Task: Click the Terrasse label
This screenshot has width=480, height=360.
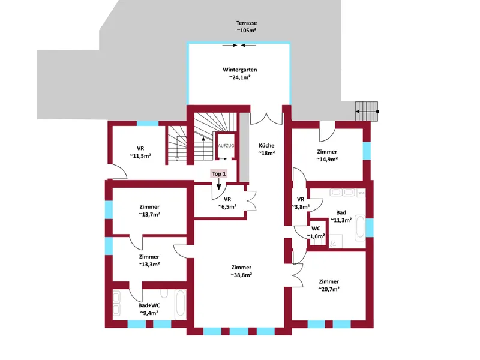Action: (247, 23)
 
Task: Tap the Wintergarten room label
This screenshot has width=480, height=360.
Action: (239, 70)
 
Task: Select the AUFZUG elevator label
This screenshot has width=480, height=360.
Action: (226, 146)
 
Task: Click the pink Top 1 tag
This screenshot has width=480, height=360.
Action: (219, 174)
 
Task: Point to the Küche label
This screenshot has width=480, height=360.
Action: (266, 145)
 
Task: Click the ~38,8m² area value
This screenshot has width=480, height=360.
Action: (241, 275)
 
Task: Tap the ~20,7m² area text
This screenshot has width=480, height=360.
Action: (329, 289)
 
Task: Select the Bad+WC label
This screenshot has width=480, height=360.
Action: (149, 305)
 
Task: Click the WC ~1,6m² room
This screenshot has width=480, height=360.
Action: (316, 232)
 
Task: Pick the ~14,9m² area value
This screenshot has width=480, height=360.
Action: (327, 159)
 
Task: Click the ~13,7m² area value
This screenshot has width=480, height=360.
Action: (149, 214)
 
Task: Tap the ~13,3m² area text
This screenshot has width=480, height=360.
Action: (149, 264)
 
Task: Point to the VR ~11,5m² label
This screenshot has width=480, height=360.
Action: (140, 152)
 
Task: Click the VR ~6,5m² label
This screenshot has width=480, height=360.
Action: (227, 203)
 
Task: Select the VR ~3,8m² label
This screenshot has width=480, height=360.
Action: (301, 203)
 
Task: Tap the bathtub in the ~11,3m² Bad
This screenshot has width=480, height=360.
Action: (360, 229)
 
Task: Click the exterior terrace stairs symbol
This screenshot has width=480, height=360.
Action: (367, 112)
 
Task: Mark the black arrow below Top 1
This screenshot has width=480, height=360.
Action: (218, 184)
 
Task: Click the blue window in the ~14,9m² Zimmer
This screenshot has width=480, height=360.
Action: (367, 151)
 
